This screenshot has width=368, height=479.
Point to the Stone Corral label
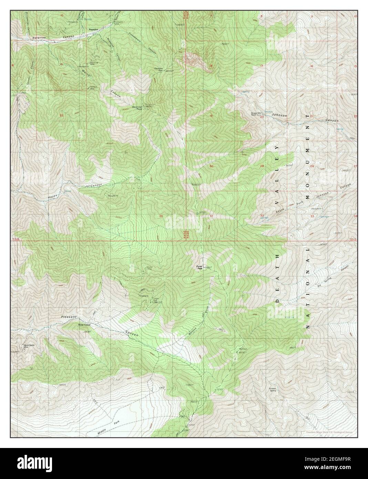point(83,324)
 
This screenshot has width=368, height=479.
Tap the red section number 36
point(161,216)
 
